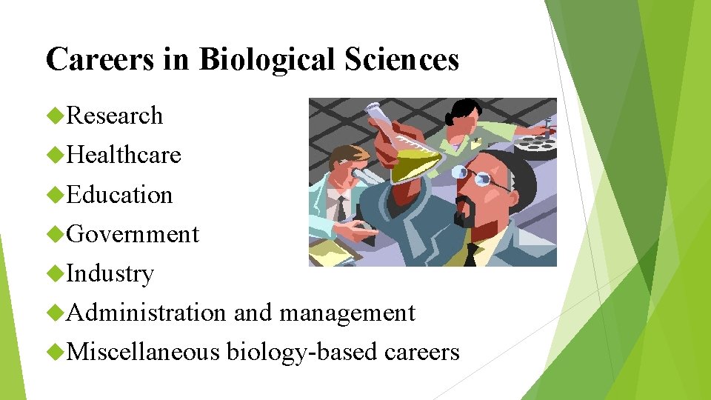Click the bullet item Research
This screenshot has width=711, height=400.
[x=115, y=116]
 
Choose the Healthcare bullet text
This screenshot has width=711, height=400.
[x=124, y=155]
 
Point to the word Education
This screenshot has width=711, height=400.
[x=119, y=195]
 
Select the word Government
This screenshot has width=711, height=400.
[x=133, y=234]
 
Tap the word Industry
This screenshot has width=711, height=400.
[x=110, y=273]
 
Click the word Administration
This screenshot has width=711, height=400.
[x=146, y=313]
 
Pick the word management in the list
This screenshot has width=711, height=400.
[x=347, y=313]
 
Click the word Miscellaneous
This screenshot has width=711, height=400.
[x=143, y=352]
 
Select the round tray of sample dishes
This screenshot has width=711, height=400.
[x=537, y=141]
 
